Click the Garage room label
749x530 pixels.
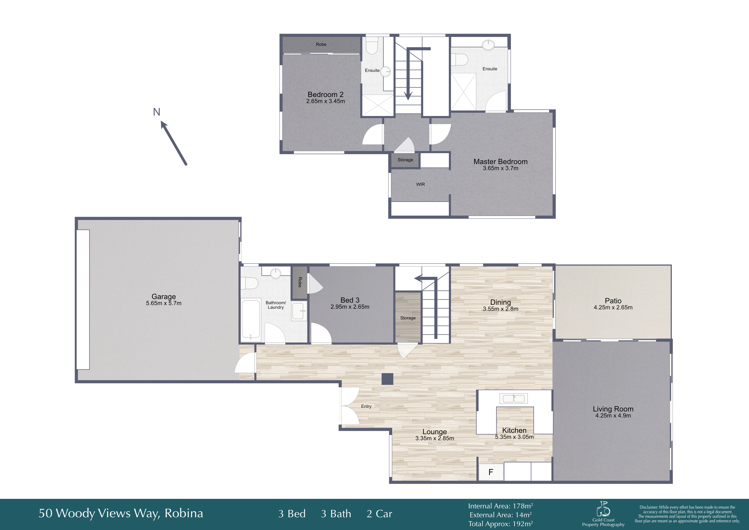tap(164, 297)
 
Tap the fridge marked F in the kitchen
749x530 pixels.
tap(491, 472)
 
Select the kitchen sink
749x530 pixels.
tap(513, 398)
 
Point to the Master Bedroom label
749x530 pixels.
tap(500, 161)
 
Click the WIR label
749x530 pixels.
tap(420, 184)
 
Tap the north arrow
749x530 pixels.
tap(174, 143)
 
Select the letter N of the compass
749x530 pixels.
tap(157, 112)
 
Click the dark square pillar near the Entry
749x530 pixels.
tap(388, 379)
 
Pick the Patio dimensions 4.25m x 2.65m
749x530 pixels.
tap(613, 307)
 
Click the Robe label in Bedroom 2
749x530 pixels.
tap(321, 44)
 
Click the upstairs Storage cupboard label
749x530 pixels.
tap(405, 160)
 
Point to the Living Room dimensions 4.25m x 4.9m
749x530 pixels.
tap(613, 416)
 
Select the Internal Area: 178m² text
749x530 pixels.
tap(500, 506)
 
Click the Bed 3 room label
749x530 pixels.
tap(350, 300)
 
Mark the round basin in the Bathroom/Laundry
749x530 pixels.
tap(276, 273)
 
